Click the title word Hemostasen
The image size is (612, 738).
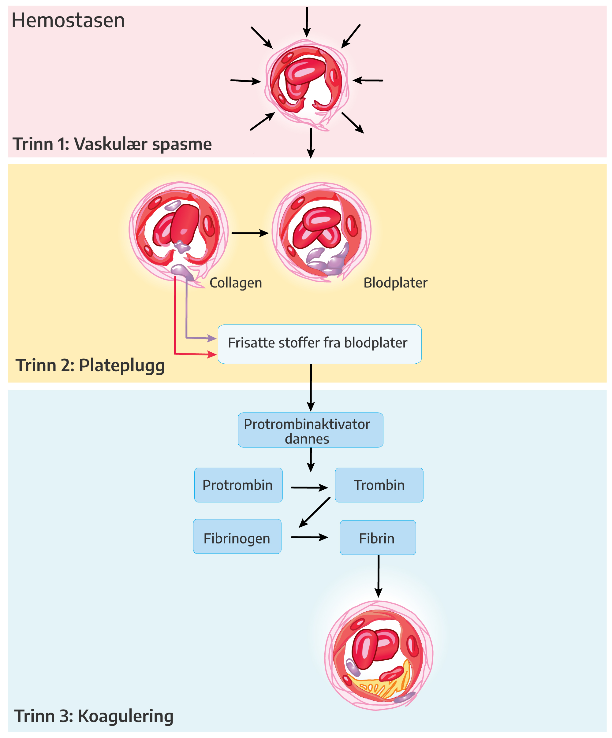[x=68, y=20]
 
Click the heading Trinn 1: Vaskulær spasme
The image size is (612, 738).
[x=112, y=144]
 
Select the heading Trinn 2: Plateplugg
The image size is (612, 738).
[x=90, y=365]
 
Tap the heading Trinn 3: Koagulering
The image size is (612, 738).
[x=94, y=716]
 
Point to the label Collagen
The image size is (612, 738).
[x=236, y=283]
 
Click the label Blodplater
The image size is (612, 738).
[x=395, y=283]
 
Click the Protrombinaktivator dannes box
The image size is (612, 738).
[x=310, y=430]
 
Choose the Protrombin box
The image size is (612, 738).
[x=238, y=485]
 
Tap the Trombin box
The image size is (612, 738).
[x=379, y=485]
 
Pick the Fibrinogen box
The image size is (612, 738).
[x=237, y=538]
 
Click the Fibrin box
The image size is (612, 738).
[x=378, y=538]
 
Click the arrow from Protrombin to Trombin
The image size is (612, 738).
[x=309, y=488]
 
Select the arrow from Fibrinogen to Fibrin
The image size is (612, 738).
[x=309, y=537]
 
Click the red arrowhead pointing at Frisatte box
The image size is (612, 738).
[x=212, y=354]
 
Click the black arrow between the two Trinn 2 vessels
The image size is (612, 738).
[x=250, y=233]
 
